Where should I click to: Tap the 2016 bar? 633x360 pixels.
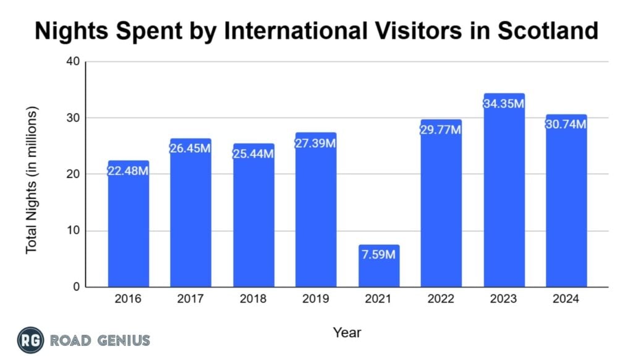pos(128,229)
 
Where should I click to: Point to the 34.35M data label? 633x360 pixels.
pos(504,103)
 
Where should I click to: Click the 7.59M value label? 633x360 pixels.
pos(378,255)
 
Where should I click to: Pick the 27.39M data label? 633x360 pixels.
pos(315,143)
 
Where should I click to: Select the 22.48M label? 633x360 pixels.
pos(128,171)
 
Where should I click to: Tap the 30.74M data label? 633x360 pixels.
pos(566,124)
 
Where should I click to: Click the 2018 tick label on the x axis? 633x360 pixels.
pos(253,299)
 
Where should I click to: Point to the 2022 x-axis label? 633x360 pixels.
pos(441,299)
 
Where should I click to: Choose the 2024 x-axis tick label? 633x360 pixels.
pos(566,299)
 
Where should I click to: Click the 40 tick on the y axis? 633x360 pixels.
pos(73,62)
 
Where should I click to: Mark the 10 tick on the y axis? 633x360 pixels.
pos(73,231)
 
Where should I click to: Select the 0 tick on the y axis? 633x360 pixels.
pos(76,287)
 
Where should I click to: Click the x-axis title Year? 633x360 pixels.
pos(347,332)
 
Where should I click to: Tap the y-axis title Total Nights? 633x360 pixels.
pos(32,179)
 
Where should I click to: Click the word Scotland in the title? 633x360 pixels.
pos(542,30)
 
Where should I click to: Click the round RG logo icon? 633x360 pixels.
pos(30,339)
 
